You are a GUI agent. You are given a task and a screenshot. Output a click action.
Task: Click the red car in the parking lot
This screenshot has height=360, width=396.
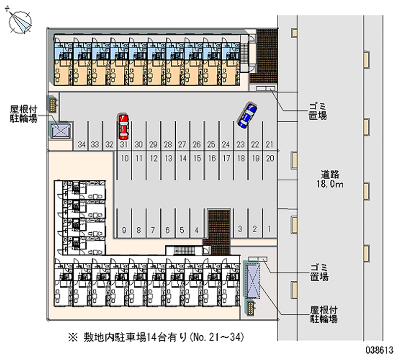tap(123, 126)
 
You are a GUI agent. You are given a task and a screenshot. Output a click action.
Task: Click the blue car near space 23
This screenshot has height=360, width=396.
tap(247, 115)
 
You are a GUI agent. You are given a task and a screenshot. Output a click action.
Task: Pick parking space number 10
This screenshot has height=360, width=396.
tap(125, 159)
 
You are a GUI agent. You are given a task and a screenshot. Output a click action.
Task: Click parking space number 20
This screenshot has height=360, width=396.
tap(270, 159)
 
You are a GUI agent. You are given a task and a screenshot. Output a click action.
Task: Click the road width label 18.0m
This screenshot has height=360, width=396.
tap(332, 184)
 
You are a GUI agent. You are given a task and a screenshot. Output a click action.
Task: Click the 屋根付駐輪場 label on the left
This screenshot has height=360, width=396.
tap(23, 113)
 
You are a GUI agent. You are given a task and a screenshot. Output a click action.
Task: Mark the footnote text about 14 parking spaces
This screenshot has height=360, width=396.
tap(156, 338)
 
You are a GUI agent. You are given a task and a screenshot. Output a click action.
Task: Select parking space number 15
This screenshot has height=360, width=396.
tap(197, 159)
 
